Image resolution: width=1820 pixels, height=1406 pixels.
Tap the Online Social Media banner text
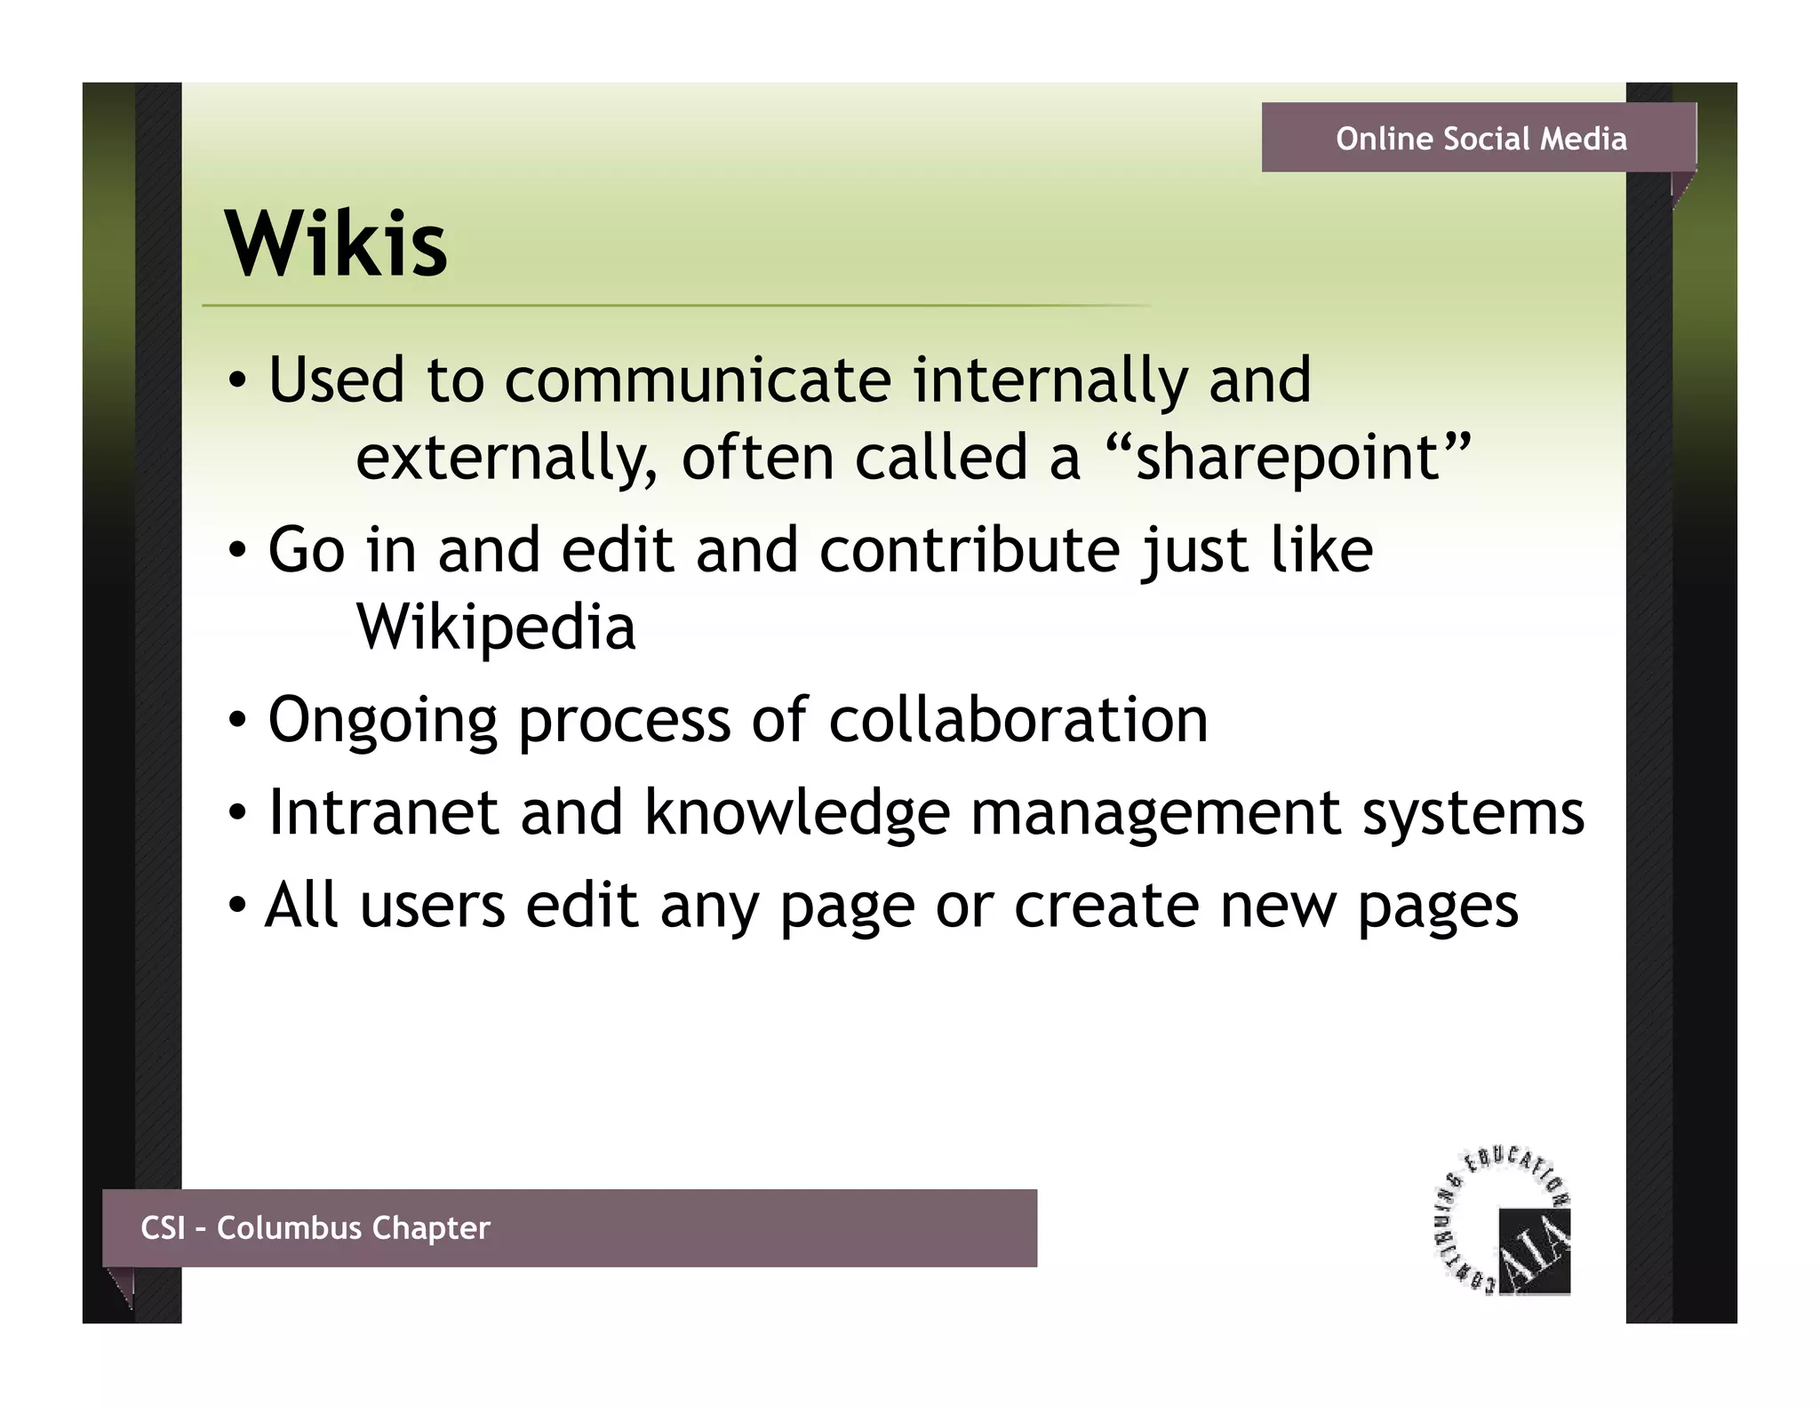1481,139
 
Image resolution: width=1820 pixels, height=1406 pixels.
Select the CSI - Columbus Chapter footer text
315,1227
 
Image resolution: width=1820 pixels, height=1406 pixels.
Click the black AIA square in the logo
1534,1250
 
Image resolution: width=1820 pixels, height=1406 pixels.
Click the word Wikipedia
496,627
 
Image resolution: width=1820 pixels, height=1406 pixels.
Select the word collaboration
1018,720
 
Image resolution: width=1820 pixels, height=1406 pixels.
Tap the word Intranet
383,812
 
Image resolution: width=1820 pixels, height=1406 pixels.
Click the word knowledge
796,812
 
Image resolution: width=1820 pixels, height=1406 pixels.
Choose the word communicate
698,380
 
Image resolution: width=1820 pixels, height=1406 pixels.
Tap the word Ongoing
382,722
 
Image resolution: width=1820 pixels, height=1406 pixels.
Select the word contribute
970,550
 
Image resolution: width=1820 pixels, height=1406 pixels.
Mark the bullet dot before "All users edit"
237,907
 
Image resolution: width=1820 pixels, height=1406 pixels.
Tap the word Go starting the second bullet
306,550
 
